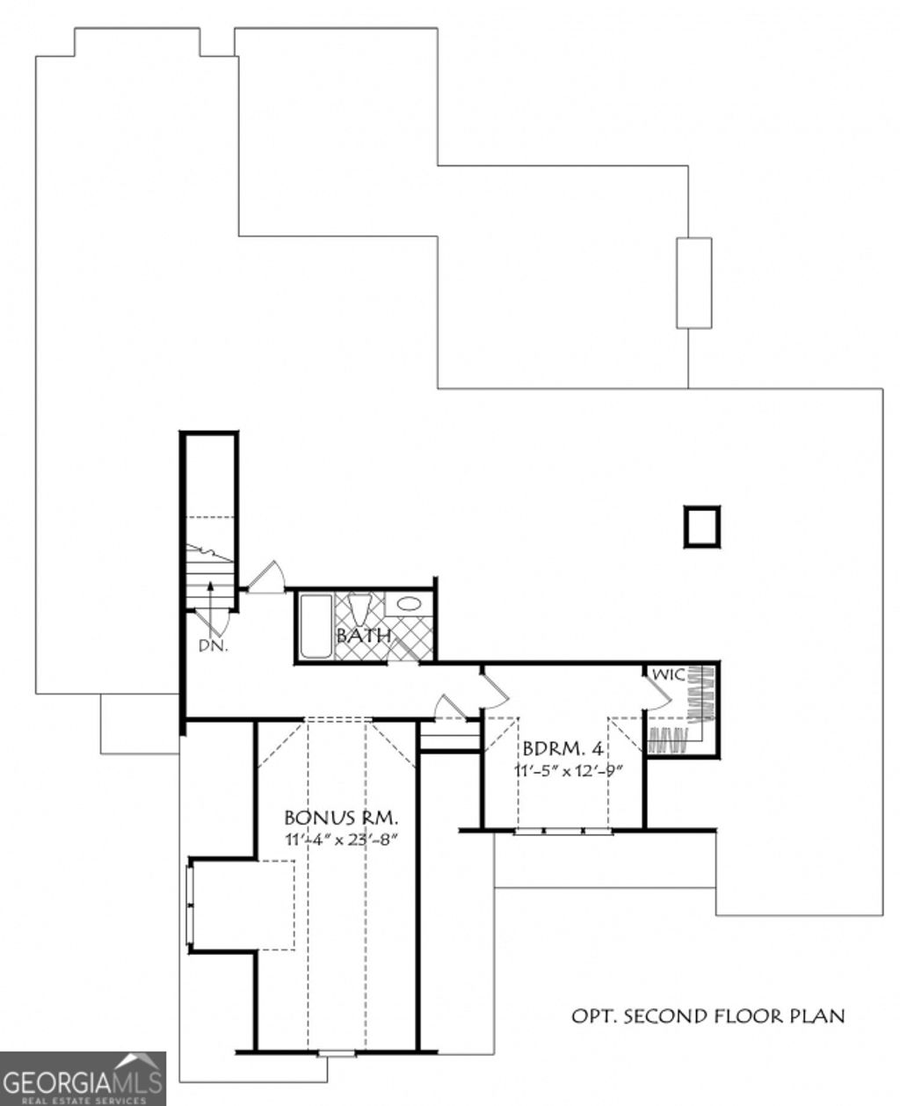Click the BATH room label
[x=363, y=635]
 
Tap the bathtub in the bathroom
[x=316, y=626]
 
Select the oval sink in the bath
[x=408, y=604]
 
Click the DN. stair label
[x=213, y=645]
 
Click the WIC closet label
[x=668, y=675]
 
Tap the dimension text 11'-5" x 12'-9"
[x=569, y=770]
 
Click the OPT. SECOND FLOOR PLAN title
[x=708, y=1016]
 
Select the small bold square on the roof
[x=701, y=527]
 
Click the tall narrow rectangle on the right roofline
[x=693, y=283]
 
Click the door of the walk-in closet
[x=658, y=694]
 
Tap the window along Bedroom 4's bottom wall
[x=562, y=830]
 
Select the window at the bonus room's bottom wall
[x=336, y=1052]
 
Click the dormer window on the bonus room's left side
[x=189, y=906]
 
